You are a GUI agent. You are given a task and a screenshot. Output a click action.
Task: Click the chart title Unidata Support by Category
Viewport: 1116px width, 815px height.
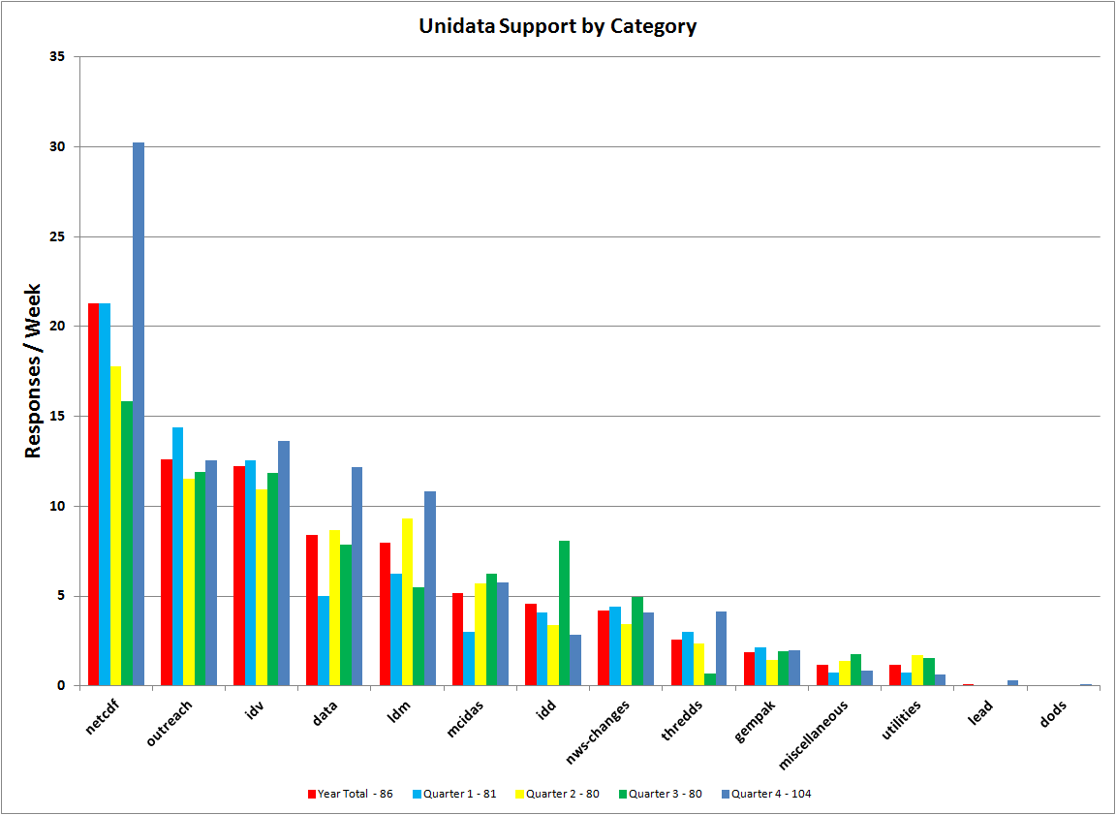point(557,26)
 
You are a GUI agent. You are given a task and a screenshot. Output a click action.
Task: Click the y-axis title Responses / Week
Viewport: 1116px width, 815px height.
point(33,370)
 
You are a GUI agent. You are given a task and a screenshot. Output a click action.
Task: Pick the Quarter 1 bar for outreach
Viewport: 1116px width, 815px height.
point(177,556)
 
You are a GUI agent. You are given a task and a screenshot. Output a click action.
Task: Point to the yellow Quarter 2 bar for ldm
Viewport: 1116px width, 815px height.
point(408,602)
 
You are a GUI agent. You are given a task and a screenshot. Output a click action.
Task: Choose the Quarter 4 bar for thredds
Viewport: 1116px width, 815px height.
point(721,648)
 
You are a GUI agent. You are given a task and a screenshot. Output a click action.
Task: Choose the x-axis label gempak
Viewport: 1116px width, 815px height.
point(757,720)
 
